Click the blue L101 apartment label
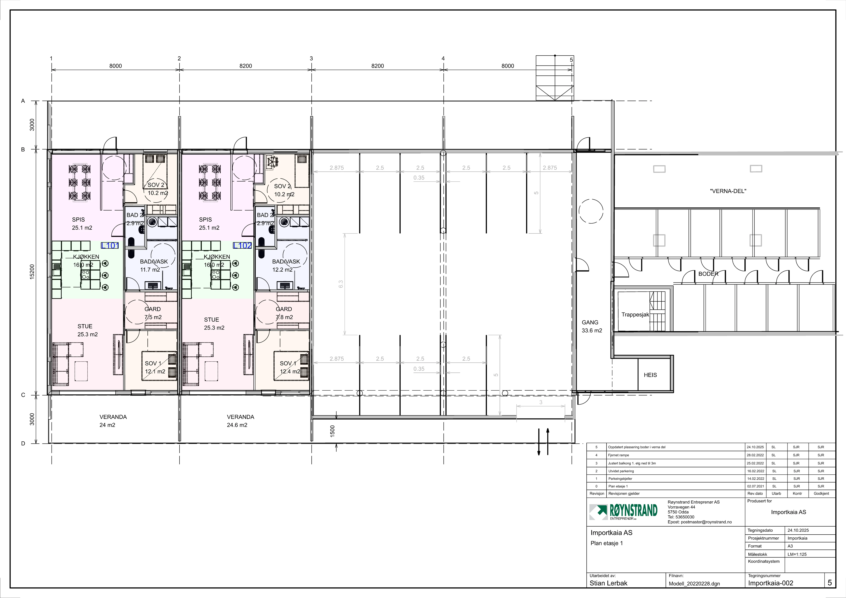click(110, 246)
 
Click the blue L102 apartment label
click(242, 246)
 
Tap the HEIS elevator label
click(650, 375)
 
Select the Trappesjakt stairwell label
click(635, 315)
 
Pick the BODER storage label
click(708, 274)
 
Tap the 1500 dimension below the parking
click(332, 431)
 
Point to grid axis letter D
click(23, 444)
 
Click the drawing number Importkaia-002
click(770, 583)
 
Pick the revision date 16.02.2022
click(755, 471)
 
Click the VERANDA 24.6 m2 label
click(240, 421)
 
